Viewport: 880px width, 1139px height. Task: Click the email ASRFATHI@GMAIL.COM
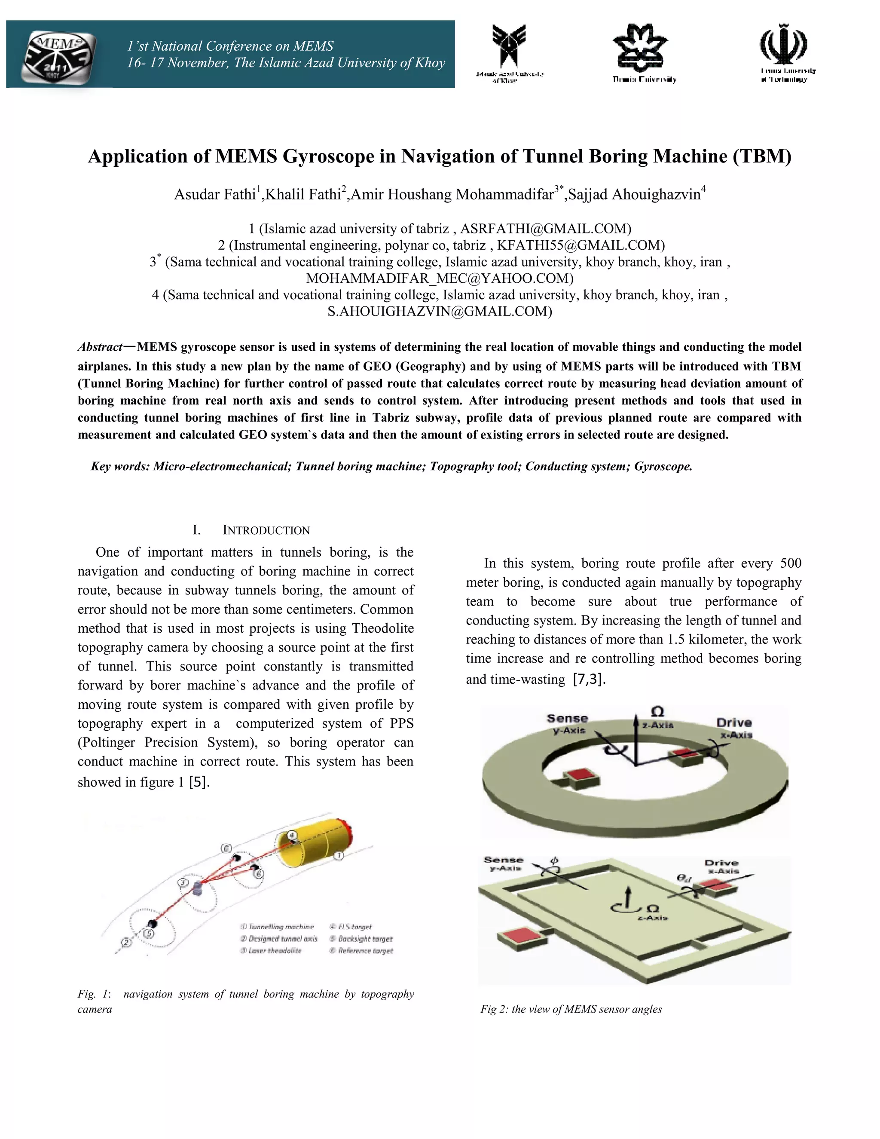pos(545,228)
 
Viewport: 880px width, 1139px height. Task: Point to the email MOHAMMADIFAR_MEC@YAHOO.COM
pos(439,278)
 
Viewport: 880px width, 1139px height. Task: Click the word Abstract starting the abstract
pos(100,347)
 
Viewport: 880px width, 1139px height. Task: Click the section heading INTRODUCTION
pos(266,530)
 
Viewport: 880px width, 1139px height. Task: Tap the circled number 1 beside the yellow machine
pos(338,856)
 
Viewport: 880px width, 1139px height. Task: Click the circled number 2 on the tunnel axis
pos(125,942)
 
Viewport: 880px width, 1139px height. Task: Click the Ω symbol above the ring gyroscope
pos(658,712)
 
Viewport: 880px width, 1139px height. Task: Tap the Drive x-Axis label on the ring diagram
pos(734,728)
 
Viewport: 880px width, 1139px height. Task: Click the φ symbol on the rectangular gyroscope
pos(554,860)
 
